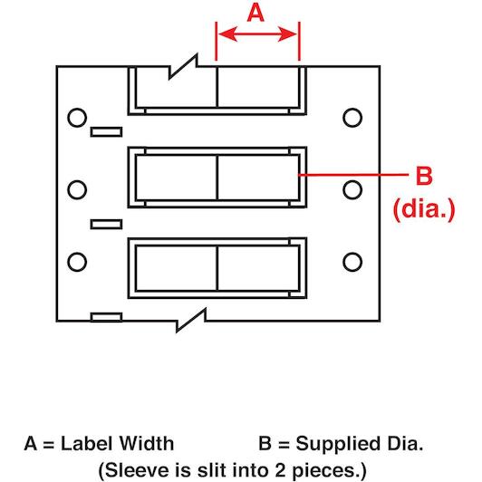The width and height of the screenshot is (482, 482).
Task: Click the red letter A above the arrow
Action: click(255, 14)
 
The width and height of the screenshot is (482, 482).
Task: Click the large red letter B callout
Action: click(424, 176)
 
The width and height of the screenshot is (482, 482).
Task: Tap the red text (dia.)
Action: click(424, 209)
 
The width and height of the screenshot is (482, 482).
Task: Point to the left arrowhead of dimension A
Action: click(227, 34)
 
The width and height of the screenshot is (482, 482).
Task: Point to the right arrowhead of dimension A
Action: click(288, 34)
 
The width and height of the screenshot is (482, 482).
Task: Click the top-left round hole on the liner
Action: click(77, 118)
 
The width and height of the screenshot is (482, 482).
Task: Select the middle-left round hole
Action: click(77, 189)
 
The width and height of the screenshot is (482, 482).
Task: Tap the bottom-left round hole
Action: click(77, 262)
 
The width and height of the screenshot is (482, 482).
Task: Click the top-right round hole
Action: click(352, 118)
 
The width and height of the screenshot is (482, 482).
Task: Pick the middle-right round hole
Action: click(352, 189)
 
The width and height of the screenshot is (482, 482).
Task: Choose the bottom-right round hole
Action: click(352, 262)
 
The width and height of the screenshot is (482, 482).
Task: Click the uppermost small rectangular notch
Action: click(106, 132)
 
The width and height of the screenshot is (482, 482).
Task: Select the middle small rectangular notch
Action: click(106, 225)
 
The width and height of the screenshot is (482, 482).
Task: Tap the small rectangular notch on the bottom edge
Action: click(106, 317)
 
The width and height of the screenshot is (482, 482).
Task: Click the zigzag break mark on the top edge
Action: click(183, 67)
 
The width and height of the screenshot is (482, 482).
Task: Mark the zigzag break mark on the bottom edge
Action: click(191, 321)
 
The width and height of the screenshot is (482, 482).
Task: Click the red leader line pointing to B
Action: click(353, 175)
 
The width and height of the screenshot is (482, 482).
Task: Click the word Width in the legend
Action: click(147, 444)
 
